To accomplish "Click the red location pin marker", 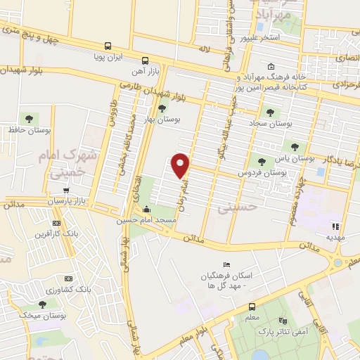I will pyautogui.click(x=181, y=165).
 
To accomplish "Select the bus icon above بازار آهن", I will pyautogui.click(x=144, y=60).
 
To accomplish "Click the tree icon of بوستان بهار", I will pyautogui.click(x=162, y=108).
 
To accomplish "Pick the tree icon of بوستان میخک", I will pyautogui.click(x=43, y=304).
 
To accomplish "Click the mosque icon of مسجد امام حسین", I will pyautogui.click(x=146, y=209).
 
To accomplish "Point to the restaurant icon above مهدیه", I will pyautogui.click(x=335, y=226).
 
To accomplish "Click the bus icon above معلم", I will pyautogui.click(x=252, y=307).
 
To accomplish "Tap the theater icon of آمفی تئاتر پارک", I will pyautogui.click(x=283, y=319).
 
